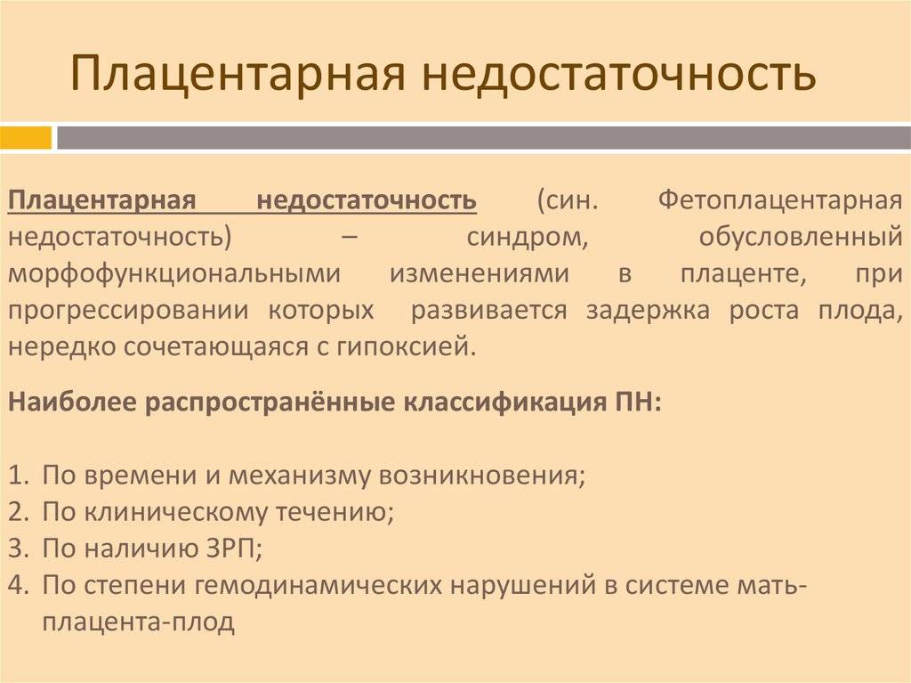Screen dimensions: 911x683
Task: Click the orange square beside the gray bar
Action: coord(26,138)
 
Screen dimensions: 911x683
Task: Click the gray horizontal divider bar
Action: coord(483,138)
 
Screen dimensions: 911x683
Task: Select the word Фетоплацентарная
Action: coord(779,200)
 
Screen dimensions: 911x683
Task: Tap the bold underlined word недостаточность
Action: coord(367,200)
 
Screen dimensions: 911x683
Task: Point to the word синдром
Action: coord(527,238)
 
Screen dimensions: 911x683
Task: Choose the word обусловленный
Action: coord(801,238)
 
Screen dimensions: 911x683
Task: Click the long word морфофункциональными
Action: coord(174,274)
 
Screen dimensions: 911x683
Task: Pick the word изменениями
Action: coord(480,274)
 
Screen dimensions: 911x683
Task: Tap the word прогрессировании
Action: coord(128,311)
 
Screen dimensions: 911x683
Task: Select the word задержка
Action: coord(648,311)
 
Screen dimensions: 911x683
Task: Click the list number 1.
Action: coord(18,476)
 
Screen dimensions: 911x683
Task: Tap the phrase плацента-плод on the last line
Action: coord(138,622)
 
